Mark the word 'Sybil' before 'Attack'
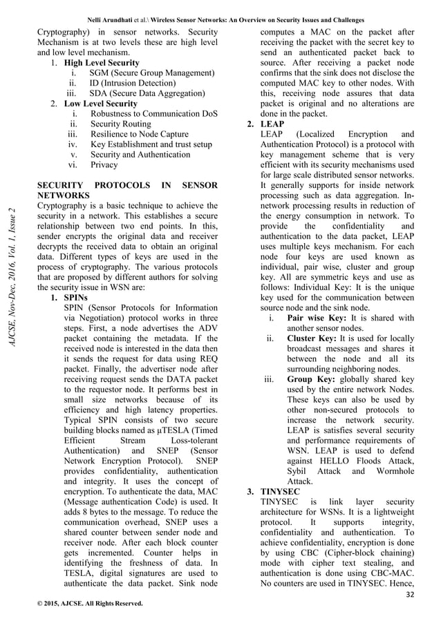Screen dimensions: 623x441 point(299,471)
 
